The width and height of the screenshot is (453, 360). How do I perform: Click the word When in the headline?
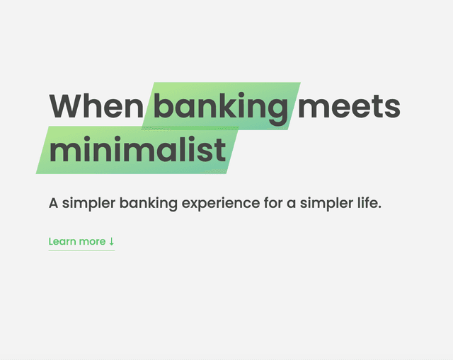click(x=96, y=105)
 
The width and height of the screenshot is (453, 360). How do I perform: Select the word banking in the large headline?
click(x=220, y=108)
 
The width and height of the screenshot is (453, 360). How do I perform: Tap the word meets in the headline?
click(x=349, y=107)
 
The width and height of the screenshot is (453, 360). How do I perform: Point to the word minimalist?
click(x=137, y=149)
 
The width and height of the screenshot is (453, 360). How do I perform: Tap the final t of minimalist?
click(x=220, y=151)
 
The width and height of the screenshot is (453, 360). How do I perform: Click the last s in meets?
click(x=392, y=108)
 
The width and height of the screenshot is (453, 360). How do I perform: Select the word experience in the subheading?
click(x=221, y=204)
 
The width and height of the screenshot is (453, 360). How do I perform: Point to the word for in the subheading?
click(x=273, y=203)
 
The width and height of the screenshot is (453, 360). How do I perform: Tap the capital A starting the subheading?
click(x=54, y=203)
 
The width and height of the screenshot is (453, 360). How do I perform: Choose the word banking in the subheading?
click(x=148, y=204)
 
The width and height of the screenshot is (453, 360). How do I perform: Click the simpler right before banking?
click(x=88, y=204)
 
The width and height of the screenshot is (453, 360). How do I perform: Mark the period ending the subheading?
click(x=379, y=207)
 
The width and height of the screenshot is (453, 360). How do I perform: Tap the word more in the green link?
click(x=93, y=242)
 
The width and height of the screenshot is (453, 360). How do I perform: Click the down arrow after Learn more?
click(x=112, y=241)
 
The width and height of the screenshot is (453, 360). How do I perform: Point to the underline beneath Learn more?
click(x=81, y=250)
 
